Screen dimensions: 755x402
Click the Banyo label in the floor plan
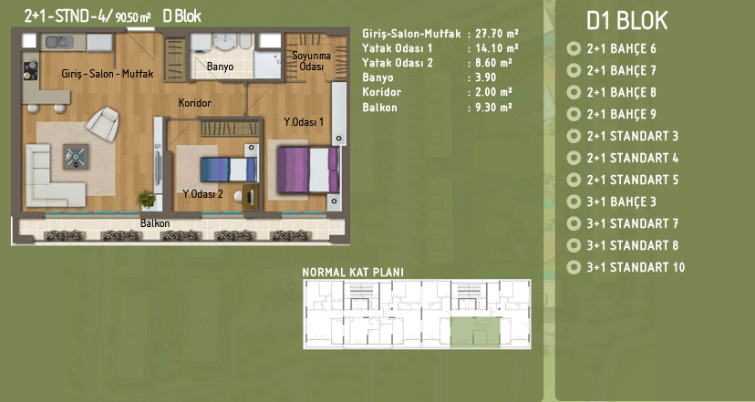pos(220,67)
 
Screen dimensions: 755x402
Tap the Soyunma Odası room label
pos(311,61)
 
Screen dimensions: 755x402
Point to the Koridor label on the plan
pos(194,102)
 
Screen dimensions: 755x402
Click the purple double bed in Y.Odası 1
pos(308,170)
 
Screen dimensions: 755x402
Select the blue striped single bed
pos(228,170)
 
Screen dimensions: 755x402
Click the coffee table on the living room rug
pos(76,157)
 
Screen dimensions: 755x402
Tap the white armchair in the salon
pos(102,124)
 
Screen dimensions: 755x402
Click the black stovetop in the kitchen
pos(31,71)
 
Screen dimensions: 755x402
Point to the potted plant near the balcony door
pos(147,199)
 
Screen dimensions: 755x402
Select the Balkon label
pos(155,223)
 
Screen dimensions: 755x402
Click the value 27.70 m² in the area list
pos(496,33)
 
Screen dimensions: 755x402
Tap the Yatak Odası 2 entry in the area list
pos(398,63)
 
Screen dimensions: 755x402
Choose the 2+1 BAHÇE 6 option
pos(621,48)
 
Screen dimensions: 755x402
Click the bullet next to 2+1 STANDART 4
pos(574,158)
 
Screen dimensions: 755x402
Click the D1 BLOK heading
pos(627,21)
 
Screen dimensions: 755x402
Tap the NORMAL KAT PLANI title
pos(353,272)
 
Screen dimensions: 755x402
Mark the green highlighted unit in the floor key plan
pos(475,332)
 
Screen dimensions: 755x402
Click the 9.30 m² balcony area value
pos(493,107)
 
